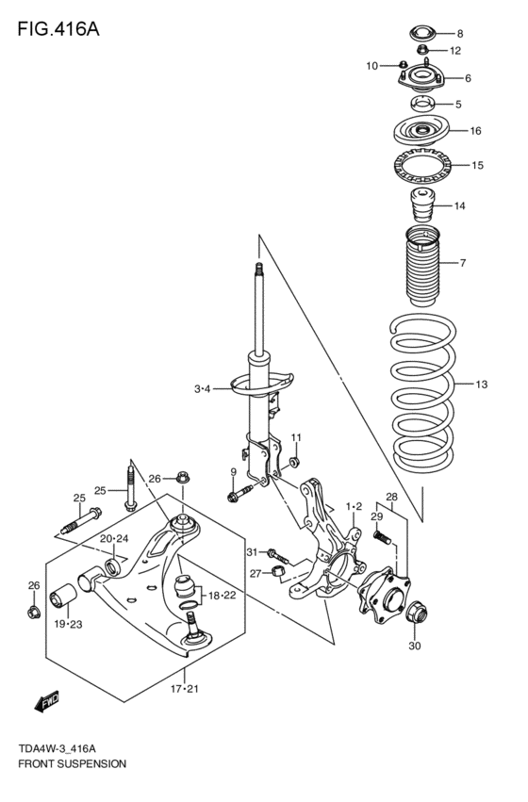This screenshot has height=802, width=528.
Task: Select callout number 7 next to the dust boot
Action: (463, 262)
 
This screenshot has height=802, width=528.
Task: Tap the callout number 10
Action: (372, 66)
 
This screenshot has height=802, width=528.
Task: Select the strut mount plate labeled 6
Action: (421, 81)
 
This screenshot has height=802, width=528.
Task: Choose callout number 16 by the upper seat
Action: (475, 131)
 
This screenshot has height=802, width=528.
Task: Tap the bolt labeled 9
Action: (239, 491)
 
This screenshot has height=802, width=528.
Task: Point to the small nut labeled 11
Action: (293, 462)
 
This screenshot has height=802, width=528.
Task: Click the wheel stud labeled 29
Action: (383, 538)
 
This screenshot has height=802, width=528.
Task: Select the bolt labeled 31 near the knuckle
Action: (272, 552)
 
